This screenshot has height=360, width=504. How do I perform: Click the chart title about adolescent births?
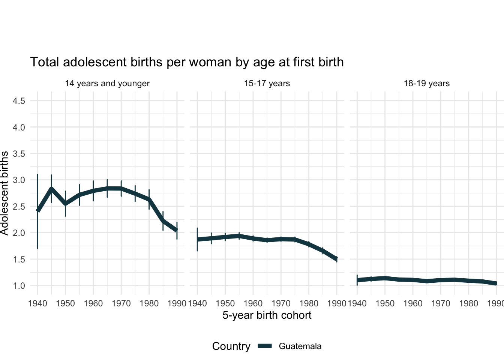click(187, 62)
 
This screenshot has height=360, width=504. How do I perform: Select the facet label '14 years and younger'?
click(107, 83)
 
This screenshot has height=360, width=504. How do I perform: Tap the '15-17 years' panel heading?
click(267, 83)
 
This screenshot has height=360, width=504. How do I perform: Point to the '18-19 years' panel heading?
click(427, 83)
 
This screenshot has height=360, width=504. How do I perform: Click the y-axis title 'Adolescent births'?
click(4, 193)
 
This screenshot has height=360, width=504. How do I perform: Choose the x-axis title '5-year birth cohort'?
click(267, 315)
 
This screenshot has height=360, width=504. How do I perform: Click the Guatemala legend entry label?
click(300, 346)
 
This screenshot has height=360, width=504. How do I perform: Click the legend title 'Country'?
click(231, 346)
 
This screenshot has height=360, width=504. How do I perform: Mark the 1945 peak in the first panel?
click(51, 189)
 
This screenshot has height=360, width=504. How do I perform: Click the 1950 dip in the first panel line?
click(65, 204)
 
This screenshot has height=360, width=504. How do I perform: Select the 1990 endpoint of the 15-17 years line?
click(337, 258)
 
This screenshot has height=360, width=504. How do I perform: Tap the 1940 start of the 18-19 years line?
click(357, 280)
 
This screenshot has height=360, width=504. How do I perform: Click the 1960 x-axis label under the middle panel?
click(253, 303)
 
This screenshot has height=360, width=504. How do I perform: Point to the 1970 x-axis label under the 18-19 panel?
click(441, 303)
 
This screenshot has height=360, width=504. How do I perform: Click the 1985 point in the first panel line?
click(163, 220)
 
